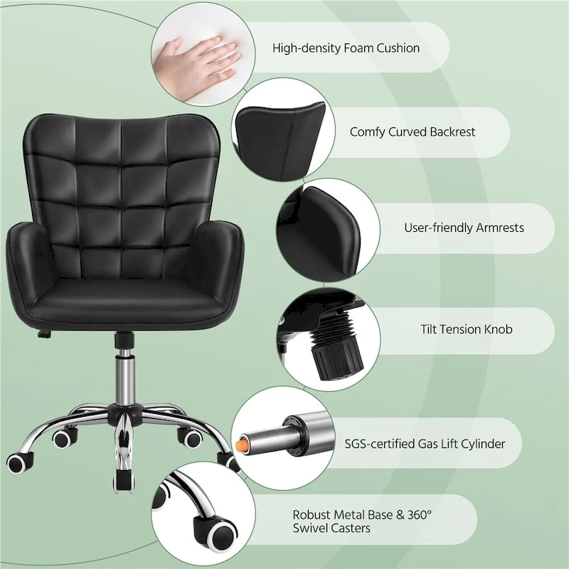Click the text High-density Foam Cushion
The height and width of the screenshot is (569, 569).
coord(346,48)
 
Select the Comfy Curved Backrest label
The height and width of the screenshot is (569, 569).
coord(413,132)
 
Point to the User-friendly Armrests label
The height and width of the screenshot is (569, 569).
coord(464,228)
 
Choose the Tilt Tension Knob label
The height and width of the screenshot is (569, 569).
coord(466,329)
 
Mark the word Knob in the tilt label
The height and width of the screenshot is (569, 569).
coord(497,329)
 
